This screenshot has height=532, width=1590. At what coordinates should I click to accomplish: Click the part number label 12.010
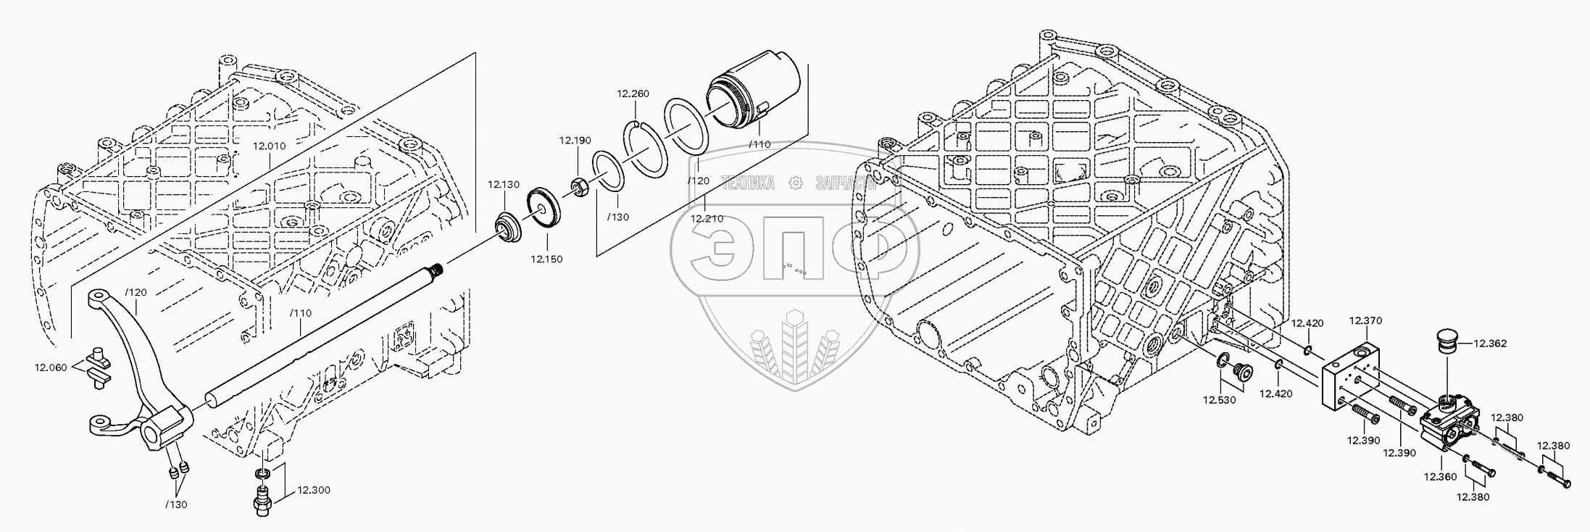[269, 146]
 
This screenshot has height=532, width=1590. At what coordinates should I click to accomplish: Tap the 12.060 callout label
[51, 367]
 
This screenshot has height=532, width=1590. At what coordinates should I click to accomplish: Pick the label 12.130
[503, 185]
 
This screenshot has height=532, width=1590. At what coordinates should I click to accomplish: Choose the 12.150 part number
[546, 259]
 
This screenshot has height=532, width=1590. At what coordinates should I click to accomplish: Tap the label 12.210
[707, 218]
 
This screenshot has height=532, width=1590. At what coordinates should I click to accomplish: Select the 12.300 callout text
[313, 491]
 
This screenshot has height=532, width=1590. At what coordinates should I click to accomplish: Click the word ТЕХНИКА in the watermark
[747, 183]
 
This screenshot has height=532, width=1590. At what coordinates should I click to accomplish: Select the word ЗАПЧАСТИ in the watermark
[846, 183]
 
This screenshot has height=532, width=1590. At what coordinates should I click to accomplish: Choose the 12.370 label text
[1365, 320]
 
